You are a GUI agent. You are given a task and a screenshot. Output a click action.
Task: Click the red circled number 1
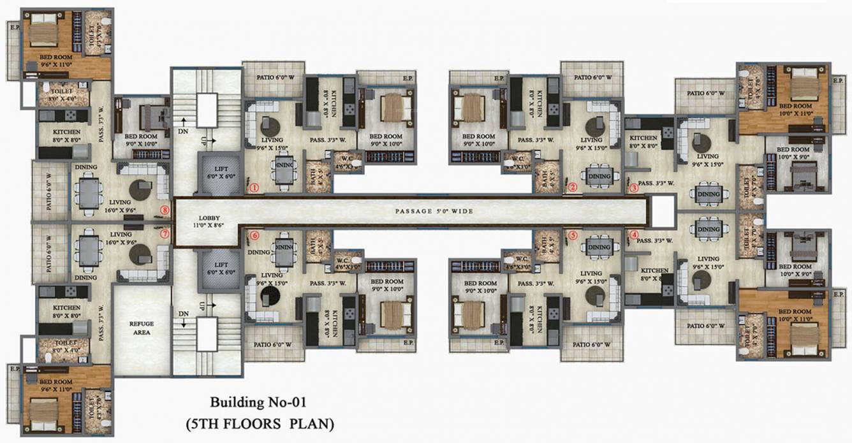click(254, 188)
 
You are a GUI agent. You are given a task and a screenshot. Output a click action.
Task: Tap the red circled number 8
click(165, 209)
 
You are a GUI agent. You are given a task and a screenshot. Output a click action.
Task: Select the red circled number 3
click(635, 188)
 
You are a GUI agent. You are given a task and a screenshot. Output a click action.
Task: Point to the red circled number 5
click(573, 235)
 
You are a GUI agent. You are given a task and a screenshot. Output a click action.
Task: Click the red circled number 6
click(255, 235)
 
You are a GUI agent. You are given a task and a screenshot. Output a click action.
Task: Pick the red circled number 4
click(635, 234)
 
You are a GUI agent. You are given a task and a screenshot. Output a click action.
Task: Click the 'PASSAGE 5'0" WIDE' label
click(434, 211)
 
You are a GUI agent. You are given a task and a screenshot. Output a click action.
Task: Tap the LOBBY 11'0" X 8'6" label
click(205, 220)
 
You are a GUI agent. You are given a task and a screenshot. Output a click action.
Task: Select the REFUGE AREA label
click(142, 328)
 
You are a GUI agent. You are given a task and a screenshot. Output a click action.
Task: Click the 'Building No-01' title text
click(259, 402)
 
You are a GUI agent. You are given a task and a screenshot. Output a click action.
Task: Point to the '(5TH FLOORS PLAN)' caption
click(260, 423)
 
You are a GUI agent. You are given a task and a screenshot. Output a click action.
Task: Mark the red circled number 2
click(573, 187)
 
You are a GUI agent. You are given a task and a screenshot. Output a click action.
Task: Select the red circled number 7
click(165, 234)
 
